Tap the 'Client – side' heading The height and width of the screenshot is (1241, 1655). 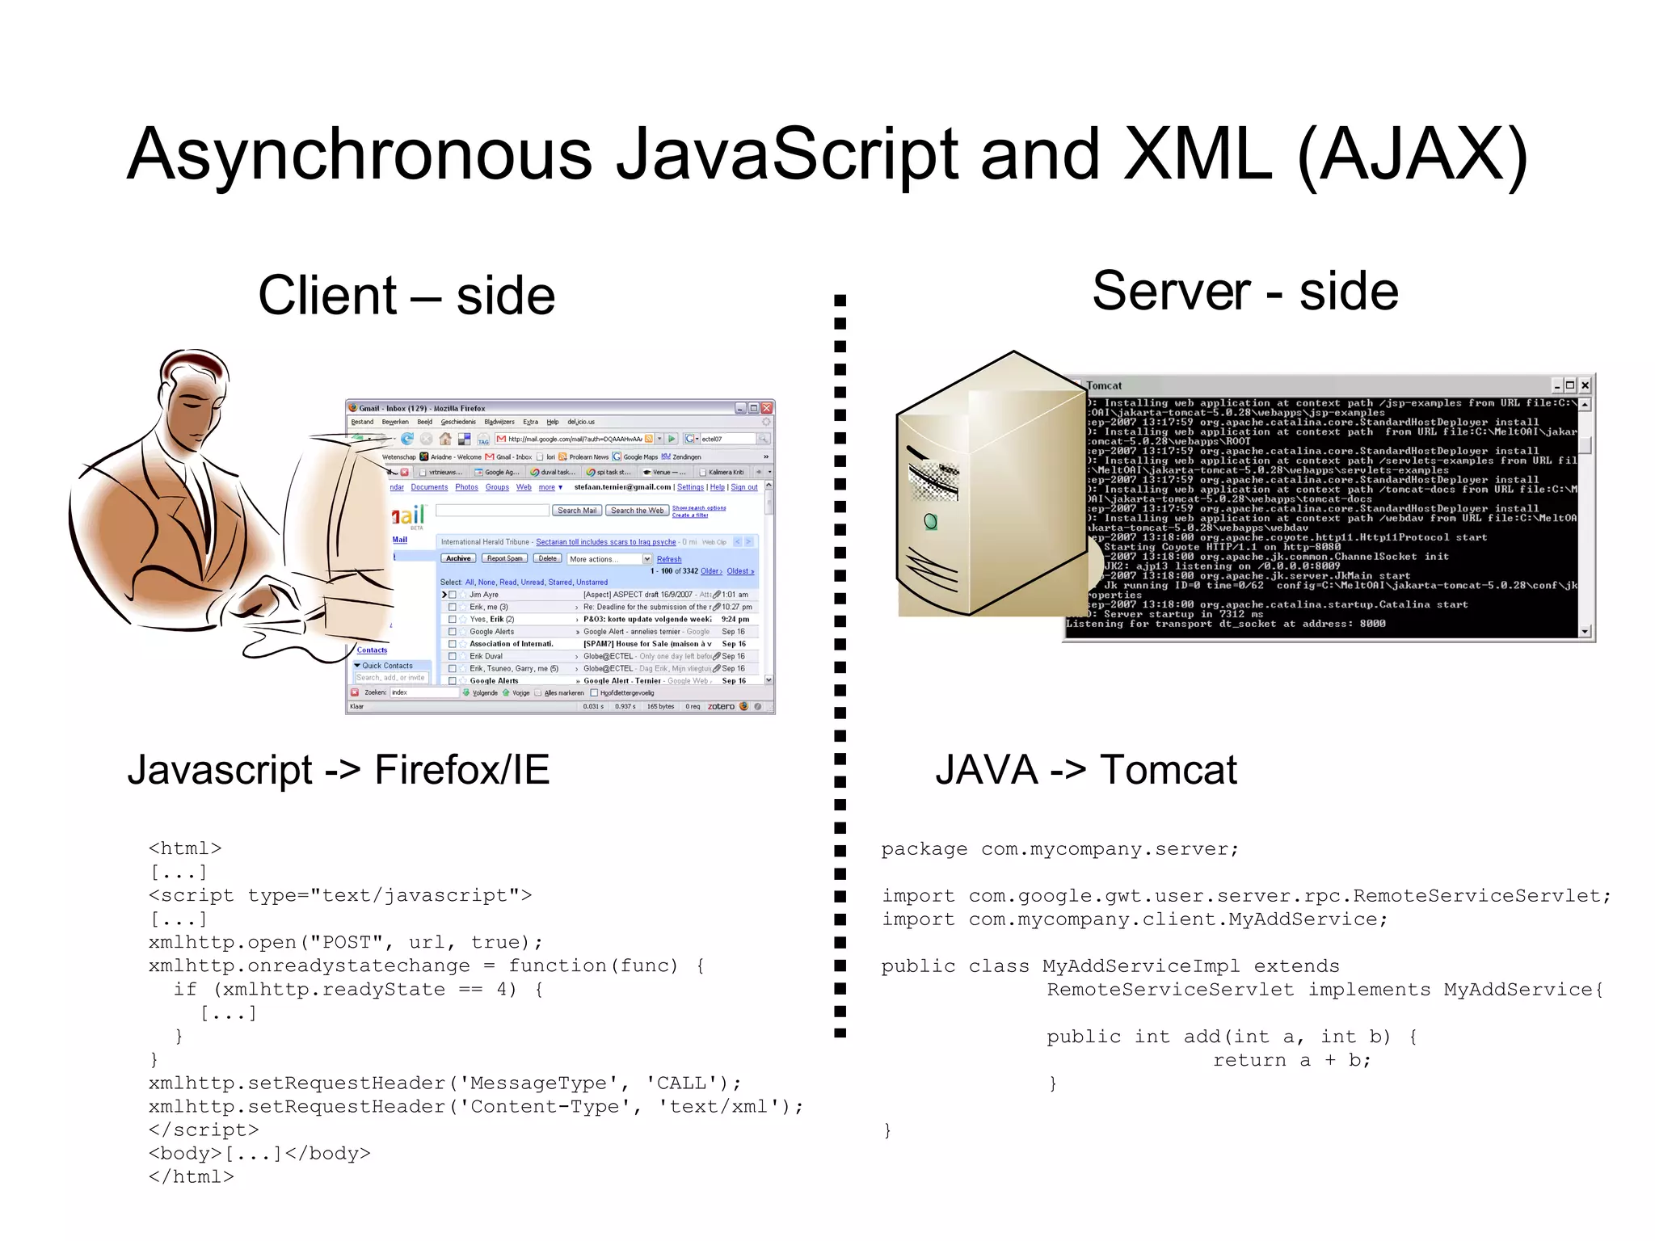[406, 296]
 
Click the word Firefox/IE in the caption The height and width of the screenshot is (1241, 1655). [461, 770]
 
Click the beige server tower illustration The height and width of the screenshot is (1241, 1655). [991, 485]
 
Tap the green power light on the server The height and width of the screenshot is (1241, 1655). [930, 522]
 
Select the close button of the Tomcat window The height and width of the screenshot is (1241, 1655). [1585, 386]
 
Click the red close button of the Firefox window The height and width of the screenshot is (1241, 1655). [767, 408]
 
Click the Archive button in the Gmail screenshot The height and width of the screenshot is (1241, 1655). [458, 558]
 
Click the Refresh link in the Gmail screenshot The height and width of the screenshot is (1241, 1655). [669, 559]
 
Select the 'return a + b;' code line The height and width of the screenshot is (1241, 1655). [1291, 1060]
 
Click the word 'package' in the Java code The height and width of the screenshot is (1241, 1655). [924, 849]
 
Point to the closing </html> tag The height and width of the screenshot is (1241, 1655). [192, 1177]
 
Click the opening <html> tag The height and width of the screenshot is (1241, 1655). [185, 848]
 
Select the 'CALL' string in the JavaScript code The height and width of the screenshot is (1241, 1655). [684, 1083]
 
